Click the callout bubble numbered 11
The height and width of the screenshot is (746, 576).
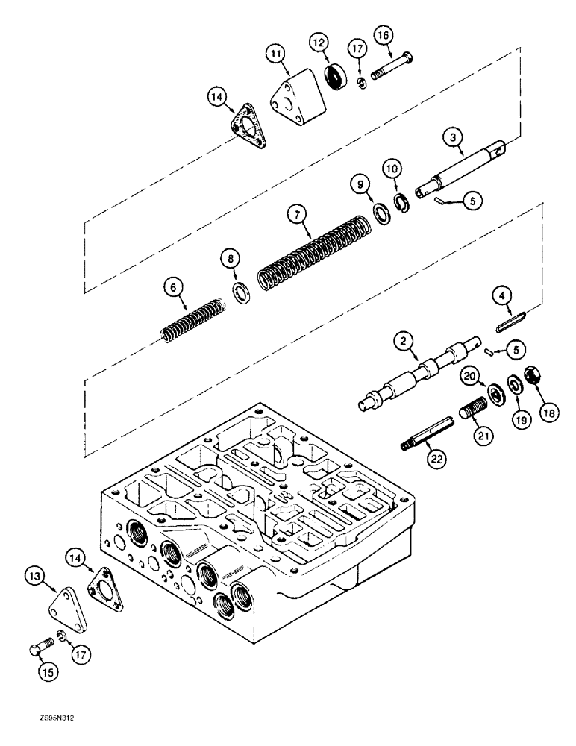(x=276, y=53)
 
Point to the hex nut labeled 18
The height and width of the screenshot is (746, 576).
(x=533, y=376)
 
